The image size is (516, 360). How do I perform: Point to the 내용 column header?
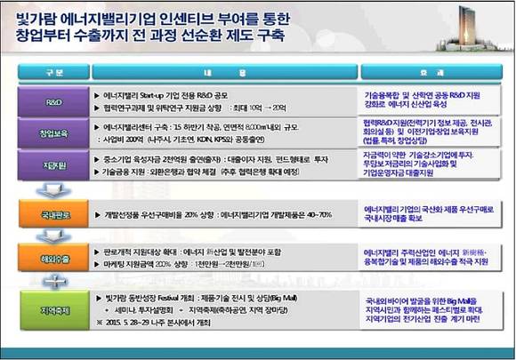[223, 71]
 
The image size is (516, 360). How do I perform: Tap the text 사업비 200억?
[124, 140]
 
